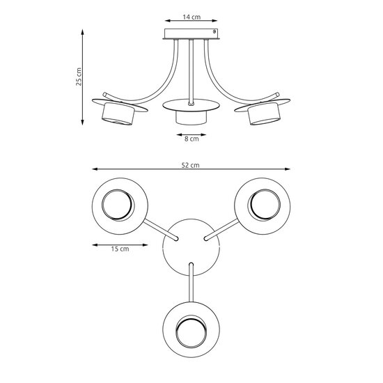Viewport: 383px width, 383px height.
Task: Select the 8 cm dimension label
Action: pos(191,139)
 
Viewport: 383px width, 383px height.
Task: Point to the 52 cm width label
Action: pos(191,165)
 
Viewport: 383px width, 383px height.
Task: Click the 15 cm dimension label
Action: pos(120,249)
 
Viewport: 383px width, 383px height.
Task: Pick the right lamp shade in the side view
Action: pos(265,115)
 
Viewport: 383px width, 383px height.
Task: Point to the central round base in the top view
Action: pos(191,247)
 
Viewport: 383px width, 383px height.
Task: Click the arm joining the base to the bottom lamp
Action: pos(191,282)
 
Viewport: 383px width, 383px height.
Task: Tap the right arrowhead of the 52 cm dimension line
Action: pos(288,170)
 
